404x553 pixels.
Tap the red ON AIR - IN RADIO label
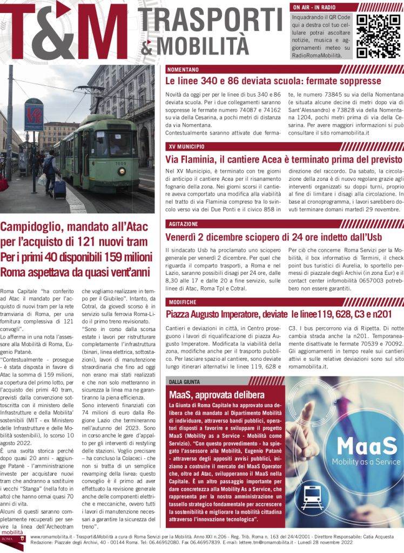(x=314, y=7)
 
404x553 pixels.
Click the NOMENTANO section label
(x=183, y=70)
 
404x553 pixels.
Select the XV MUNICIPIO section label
(x=186, y=146)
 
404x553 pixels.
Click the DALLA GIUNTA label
(x=184, y=382)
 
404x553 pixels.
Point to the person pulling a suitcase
(x=51, y=173)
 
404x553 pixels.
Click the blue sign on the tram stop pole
(x=33, y=115)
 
